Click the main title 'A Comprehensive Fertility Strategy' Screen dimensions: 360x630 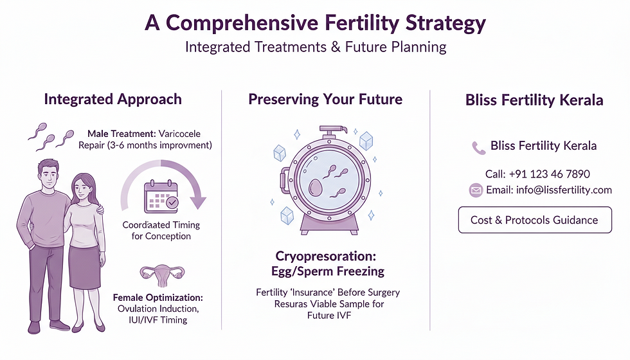click(x=315, y=23)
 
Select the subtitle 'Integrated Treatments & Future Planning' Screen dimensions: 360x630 click(x=315, y=48)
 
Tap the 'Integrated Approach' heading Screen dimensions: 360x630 click(x=113, y=99)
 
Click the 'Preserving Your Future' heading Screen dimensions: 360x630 click(x=325, y=99)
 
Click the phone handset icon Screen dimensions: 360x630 click(x=478, y=147)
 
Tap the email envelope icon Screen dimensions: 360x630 click(x=476, y=190)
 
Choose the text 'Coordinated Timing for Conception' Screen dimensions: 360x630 click(x=161, y=230)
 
